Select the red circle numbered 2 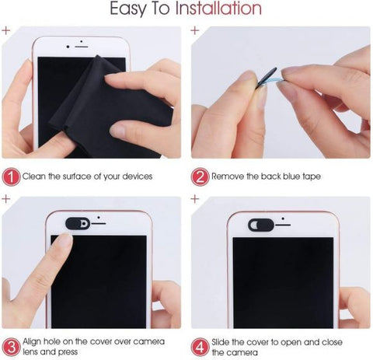point(200,176)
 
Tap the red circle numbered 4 point(200,345)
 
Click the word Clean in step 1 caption point(36,177)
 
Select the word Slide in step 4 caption point(225,340)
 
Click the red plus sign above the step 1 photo point(6,30)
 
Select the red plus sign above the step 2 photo point(195,30)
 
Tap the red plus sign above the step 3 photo point(6,200)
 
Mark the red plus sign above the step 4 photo point(195,200)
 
